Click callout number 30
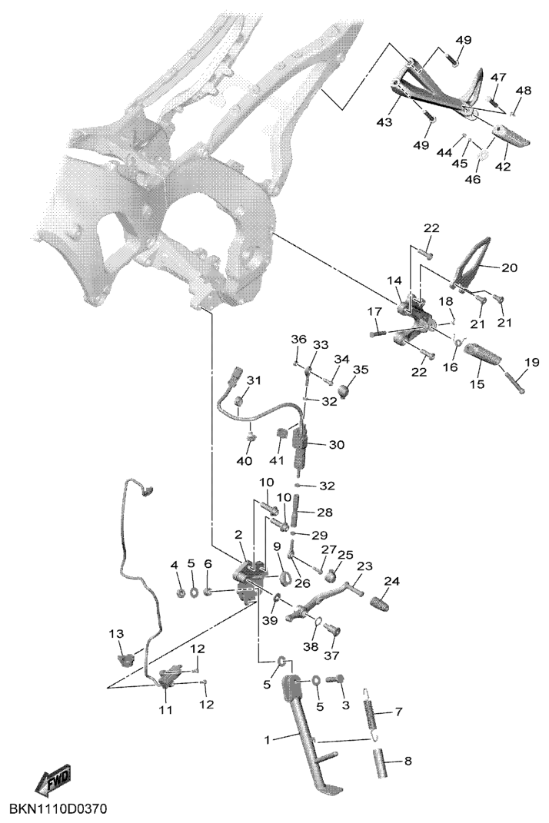(336, 444)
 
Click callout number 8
(408, 762)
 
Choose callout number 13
(115, 634)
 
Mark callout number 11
(165, 710)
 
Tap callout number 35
(360, 370)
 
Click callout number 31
(254, 380)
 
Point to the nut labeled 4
(175, 592)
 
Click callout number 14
(394, 281)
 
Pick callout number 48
(523, 90)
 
